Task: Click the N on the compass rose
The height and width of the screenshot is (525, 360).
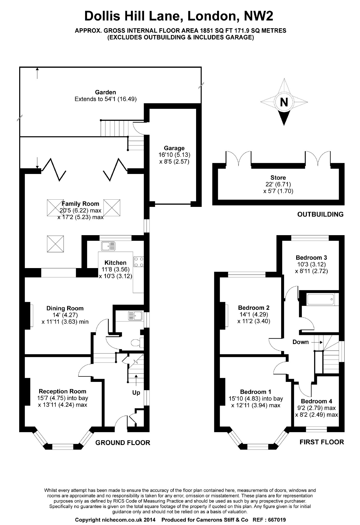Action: click(284, 102)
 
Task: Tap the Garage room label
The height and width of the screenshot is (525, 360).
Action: click(174, 148)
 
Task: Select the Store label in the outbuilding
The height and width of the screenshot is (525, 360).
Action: click(278, 178)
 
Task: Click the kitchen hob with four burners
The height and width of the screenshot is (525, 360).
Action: click(139, 262)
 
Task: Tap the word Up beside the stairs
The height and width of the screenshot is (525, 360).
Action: click(136, 393)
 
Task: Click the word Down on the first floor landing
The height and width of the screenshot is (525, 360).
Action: click(300, 342)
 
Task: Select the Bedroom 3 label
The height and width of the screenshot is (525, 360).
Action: click(311, 257)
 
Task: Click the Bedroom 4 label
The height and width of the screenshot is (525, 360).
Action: click(316, 401)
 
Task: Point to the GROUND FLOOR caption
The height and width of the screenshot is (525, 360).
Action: click(123, 443)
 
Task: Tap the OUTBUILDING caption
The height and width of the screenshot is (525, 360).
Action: click(320, 214)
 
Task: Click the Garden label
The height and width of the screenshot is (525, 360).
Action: click(105, 92)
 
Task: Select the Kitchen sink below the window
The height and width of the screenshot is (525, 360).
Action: click(108, 246)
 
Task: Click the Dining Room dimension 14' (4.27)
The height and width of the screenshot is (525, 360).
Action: click(65, 315)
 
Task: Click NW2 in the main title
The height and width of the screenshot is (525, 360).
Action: click(258, 16)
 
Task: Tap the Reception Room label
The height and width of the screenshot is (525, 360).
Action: click(63, 391)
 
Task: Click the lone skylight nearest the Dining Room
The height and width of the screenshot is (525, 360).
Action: click(55, 244)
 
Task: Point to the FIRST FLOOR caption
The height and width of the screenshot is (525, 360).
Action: click(322, 442)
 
